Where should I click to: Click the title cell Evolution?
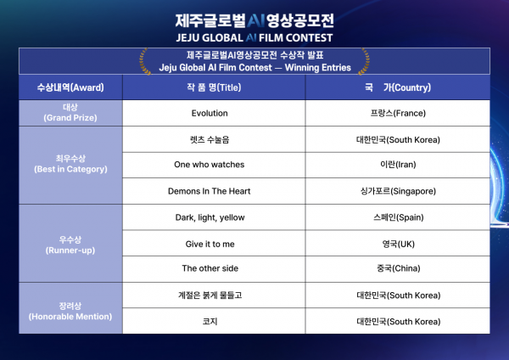click(210, 113)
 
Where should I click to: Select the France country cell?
click(398, 113)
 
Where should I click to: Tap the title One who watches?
click(210, 165)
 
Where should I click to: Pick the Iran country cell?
click(398, 165)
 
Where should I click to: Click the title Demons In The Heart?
click(210, 191)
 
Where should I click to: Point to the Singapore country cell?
click(398, 191)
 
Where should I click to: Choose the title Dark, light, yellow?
click(210, 217)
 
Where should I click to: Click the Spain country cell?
click(399, 217)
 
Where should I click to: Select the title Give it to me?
click(210, 244)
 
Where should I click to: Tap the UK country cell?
click(399, 244)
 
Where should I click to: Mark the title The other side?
click(210, 268)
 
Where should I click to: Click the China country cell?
click(399, 268)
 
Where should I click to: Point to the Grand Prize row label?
click(70, 112)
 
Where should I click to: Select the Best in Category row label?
click(70, 164)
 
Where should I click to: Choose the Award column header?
click(70, 87)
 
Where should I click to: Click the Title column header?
click(214, 87)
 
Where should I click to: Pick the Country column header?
click(398, 87)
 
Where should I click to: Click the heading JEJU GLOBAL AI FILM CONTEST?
click(255, 38)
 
